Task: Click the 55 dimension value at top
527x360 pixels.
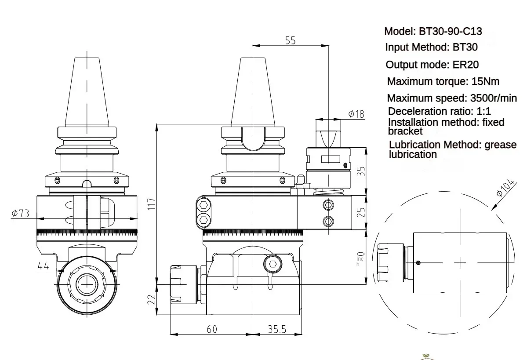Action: [291, 40]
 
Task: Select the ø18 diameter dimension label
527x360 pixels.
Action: [356, 114]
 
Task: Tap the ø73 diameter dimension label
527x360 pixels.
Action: [21, 214]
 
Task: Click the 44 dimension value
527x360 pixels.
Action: [43, 265]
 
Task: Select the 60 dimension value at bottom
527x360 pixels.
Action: [212, 329]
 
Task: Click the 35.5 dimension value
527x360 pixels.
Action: [277, 329]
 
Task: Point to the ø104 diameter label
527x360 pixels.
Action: [505, 188]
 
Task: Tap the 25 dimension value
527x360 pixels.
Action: [361, 213]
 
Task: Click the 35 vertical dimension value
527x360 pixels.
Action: [361, 171]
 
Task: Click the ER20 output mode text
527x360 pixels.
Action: [465, 65]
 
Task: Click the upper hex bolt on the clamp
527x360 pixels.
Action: [204, 205]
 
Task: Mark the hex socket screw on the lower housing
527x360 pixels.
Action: [272, 264]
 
